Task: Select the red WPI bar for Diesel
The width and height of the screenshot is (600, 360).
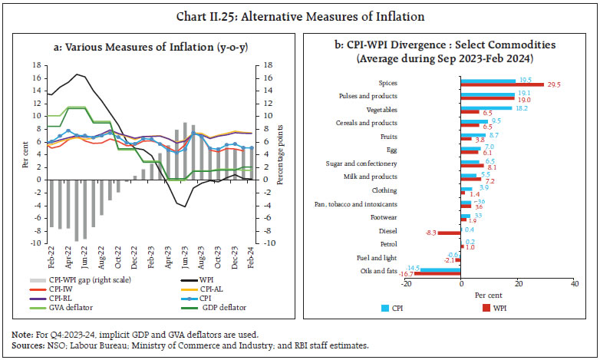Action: pyautogui.click(x=449, y=232)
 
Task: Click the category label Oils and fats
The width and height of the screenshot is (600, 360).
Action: pyautogui.click(x=378, y=271)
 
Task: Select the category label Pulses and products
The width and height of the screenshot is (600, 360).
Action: pyautogui.click(x=368, y=96)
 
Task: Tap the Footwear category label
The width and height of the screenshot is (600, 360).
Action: pyautogui.click(x=382, y=218)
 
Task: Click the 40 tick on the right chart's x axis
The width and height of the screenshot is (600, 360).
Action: pyautogui.click(x=574, y=284)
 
